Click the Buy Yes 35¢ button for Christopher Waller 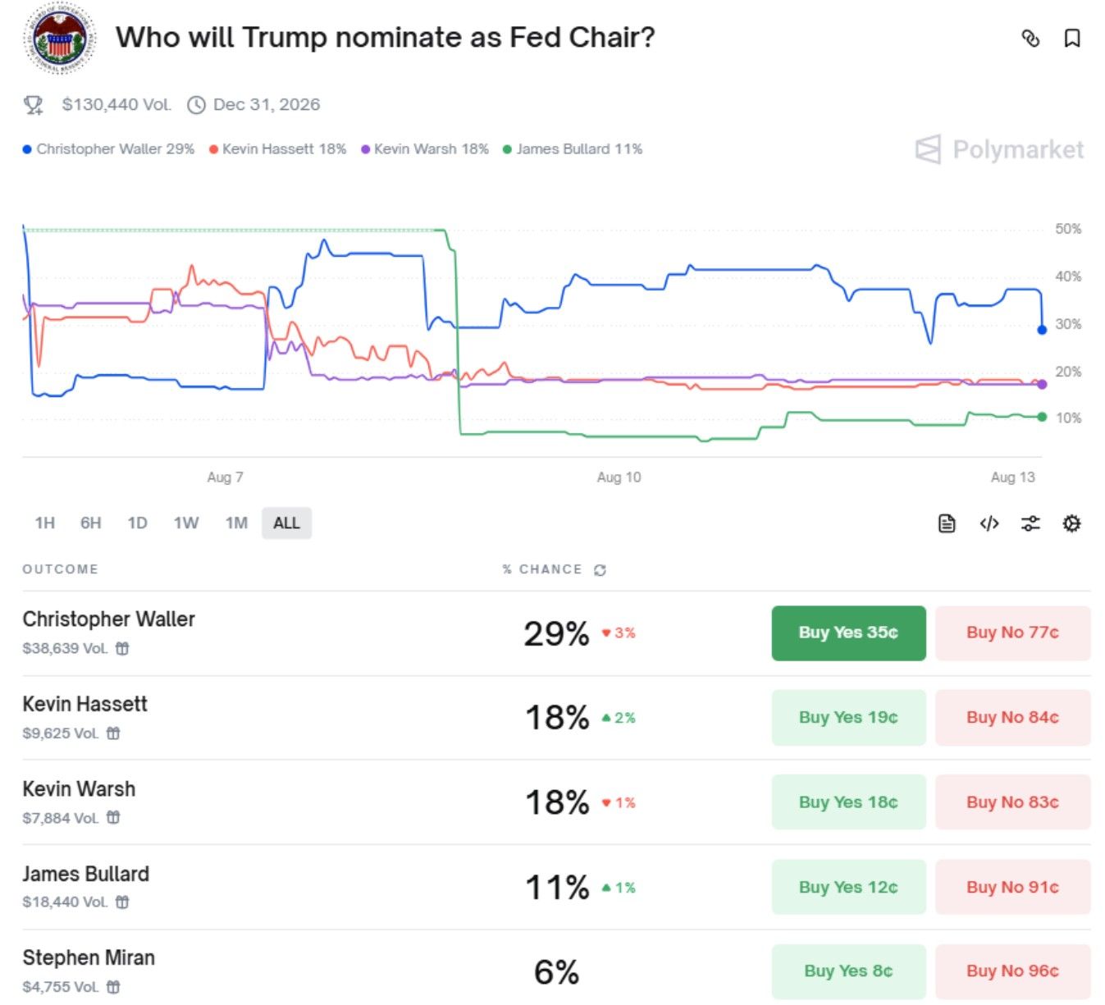[x=848, y=633]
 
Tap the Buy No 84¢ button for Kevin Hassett [x=1012, y=717]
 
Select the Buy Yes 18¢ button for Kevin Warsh [x=848, y=802]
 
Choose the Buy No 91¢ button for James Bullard [x=1012, y=887]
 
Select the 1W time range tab [x=186, y=523]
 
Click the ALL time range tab [x=286, y=523]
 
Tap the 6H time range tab [x=91, y=523]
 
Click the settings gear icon [x=1071, y=523]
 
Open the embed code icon [x=989, y=523]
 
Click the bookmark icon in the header [x=1072, y=39]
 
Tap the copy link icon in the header [x=1030, y=39]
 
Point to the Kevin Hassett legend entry [x=277, y=149]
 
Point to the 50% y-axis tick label [x=1068, y=229]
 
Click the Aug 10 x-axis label [x=619, y=477]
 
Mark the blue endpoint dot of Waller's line [x=1042, y=330]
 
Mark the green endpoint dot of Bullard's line [x=1042, y=417]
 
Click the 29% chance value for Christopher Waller [x=556, y=633]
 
